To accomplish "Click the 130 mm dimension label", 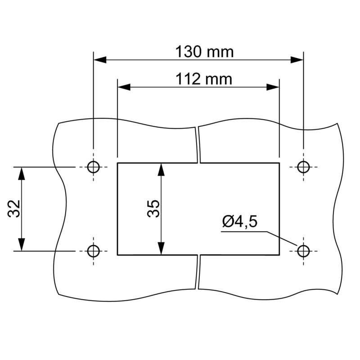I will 204,52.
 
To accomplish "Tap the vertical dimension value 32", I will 14,208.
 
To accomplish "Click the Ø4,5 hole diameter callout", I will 239,222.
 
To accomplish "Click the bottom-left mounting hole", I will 93,251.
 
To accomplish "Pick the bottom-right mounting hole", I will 303,251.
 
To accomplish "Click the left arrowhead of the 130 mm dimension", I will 99,59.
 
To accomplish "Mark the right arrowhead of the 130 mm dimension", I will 297,59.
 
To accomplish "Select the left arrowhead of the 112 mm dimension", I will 124,87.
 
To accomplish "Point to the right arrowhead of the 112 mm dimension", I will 273,87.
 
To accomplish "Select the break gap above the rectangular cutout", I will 198,144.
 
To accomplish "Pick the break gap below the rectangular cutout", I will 198,272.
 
